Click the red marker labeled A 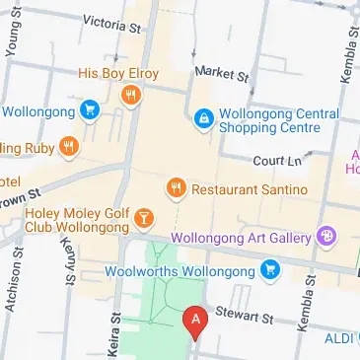pyautogui.click(x=195, y=321)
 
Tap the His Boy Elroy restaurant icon pyautogui.click(x=129, y=95)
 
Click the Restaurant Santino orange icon pyautogui.click(x=177, y=186)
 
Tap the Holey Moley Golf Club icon pyautogui.click(x=144, y=217)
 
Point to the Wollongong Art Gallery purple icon pyautogui.click(x=326, y=236)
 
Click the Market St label pyautogui.click(x=222, y=73)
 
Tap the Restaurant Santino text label pyautogui.click(x=249, y=188)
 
